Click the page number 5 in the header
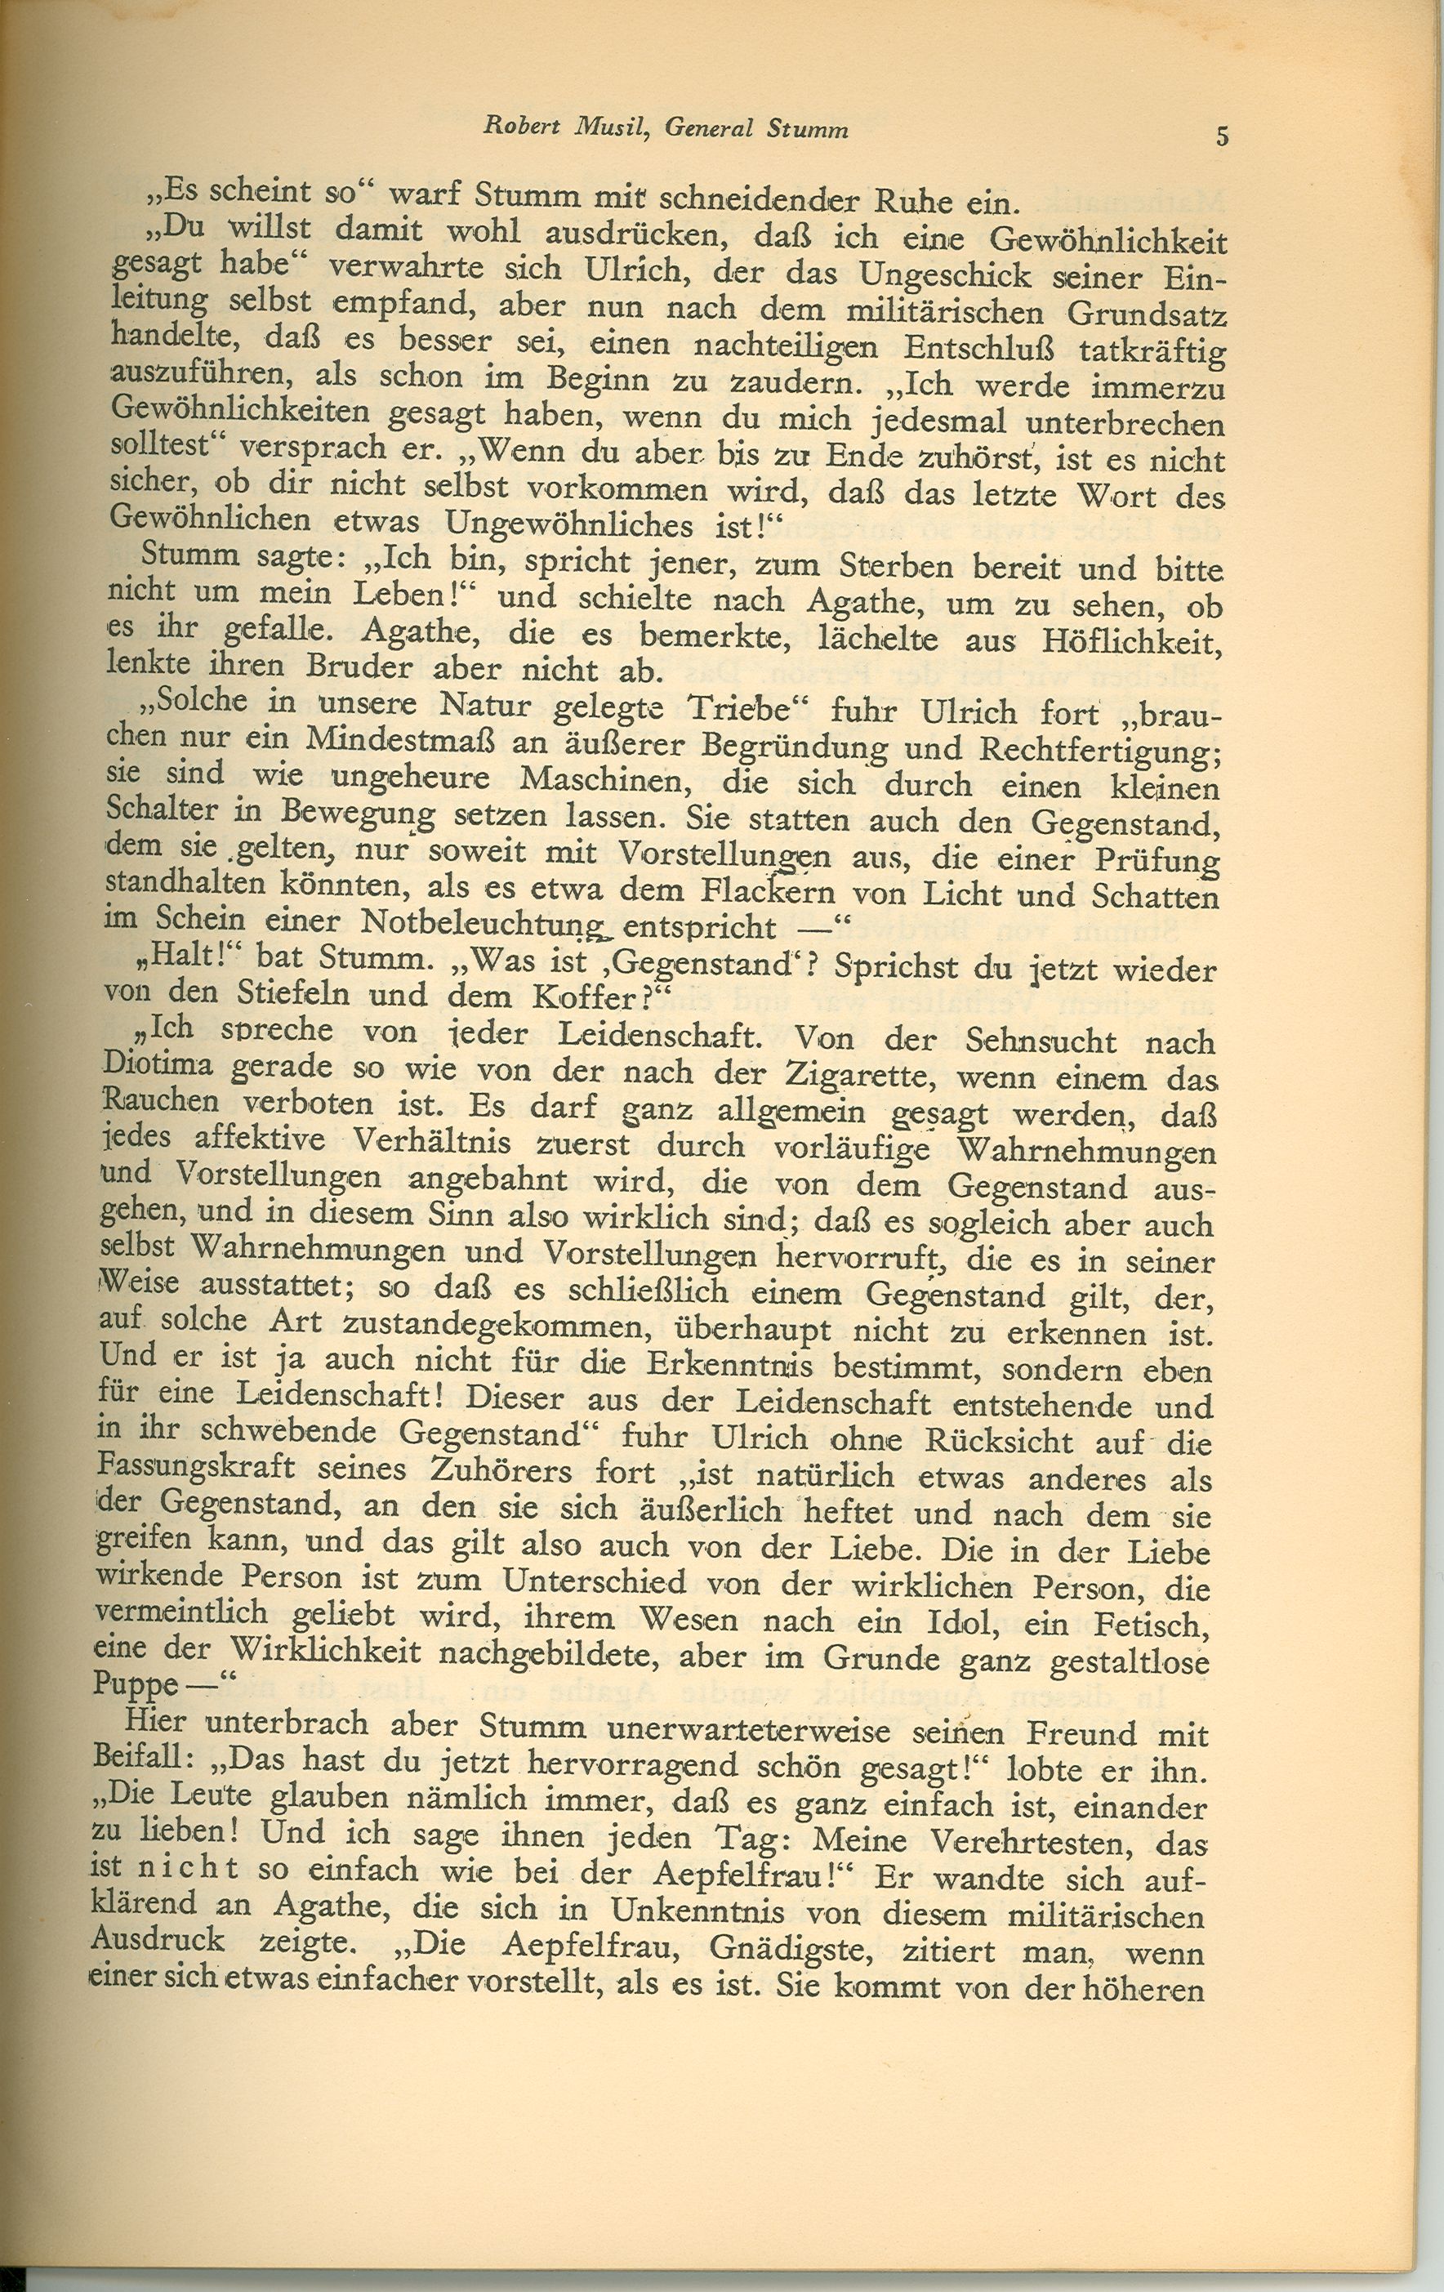point(1222,136)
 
